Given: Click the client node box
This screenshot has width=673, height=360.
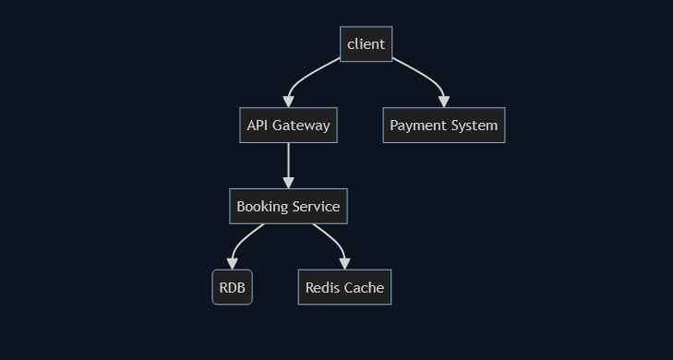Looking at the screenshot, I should point(366,44).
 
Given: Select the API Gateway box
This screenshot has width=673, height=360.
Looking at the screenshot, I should point(288,126).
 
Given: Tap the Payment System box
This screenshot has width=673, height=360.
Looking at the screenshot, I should point(443,126).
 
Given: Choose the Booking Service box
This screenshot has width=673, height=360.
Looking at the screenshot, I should point(288,207).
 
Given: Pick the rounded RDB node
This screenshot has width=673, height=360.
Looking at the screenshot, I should point(232,288).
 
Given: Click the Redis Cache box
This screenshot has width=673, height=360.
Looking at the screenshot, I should point(344,288).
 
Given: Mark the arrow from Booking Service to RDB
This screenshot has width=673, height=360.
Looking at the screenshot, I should point(240,242).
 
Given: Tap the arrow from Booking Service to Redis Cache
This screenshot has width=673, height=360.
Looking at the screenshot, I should point(334,241).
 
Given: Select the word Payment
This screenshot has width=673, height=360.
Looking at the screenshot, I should point(416,126).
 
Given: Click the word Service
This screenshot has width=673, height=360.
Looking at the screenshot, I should point(317,207).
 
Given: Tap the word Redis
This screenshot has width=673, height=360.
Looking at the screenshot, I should point(322,288).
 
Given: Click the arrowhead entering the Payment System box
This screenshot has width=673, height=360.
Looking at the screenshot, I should point(444,102).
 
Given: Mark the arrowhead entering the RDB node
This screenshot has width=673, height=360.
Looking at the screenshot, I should point(232,264).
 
